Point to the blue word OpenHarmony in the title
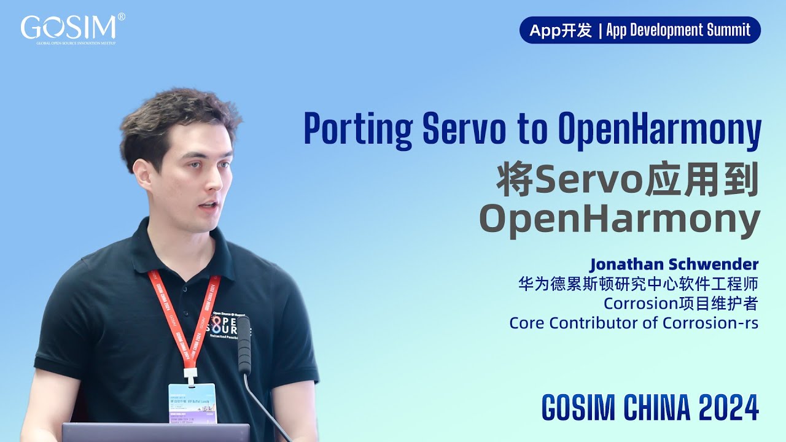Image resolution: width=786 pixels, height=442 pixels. pyautogui.click(x=660, y=129)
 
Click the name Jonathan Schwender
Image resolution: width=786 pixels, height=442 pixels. pyautogui.click(x=674, y=265)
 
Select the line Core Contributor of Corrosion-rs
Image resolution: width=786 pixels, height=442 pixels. pyautogui.click(x=634, y=322)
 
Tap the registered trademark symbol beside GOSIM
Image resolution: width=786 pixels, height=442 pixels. pyautogui.click(x=121, y=17)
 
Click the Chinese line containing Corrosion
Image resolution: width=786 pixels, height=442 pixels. pyautogui.click(x=681, y=303)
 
